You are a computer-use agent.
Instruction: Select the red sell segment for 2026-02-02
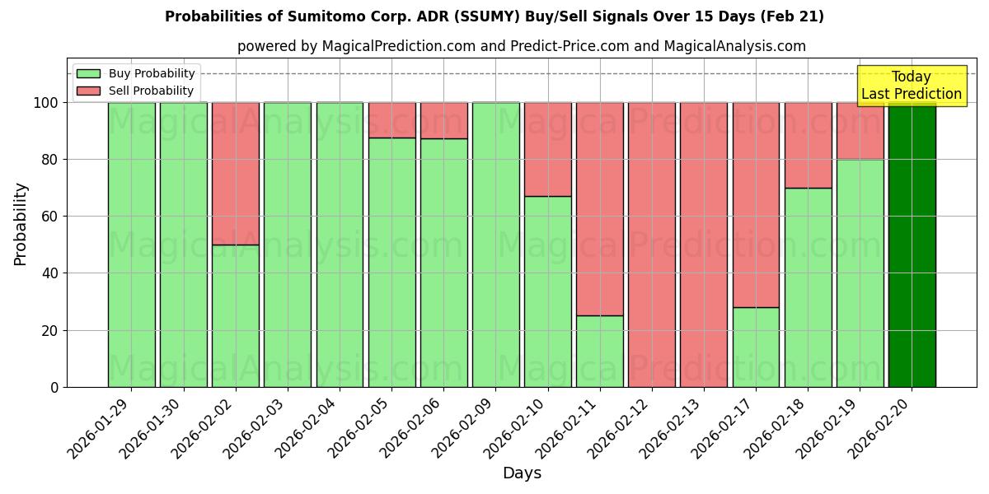coord(236,173)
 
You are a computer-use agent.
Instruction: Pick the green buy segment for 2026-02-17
coord(756,347)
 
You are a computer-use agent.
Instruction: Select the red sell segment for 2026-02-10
coord(548,149)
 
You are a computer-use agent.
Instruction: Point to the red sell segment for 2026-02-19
coord(860,130)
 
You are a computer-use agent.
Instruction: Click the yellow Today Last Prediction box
coord(911,86)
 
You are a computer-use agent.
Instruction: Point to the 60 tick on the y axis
coord(54,217)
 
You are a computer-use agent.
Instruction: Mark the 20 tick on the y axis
coord(54,330)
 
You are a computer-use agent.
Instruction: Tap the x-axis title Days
coord(522,473)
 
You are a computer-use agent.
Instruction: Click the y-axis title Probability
coord(21,223)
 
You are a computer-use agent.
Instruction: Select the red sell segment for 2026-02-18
coord(808,145)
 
